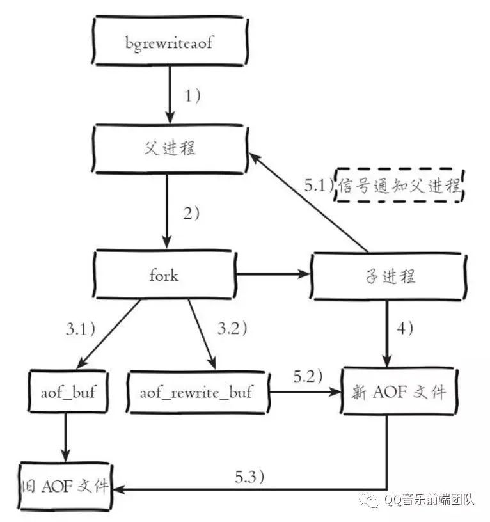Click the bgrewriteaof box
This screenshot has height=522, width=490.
(170, 40)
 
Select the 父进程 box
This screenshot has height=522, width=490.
(170, 149)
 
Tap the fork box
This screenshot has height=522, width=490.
(164, 274)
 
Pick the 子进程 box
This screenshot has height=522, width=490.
(389, 276)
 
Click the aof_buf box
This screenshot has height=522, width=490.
(68, 391)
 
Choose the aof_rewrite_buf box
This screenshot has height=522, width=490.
(198, 392)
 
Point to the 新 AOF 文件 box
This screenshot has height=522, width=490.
(399, 391)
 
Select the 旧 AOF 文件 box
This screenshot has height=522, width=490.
(65, 486)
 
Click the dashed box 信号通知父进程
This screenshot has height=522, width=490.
(399, 185)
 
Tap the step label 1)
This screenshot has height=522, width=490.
(193, 96)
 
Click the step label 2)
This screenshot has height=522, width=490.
(191, 213)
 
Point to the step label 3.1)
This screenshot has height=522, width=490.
(81, 329)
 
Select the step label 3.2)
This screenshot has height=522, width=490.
(232, 328)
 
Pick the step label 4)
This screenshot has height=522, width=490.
(405, 328)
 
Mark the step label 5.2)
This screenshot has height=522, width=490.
(308, 377)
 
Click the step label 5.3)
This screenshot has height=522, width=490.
(249, 477)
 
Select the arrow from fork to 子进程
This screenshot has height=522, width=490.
(273, 274)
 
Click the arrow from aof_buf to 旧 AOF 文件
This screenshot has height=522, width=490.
(66, 438)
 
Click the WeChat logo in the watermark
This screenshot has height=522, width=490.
(369, 500)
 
